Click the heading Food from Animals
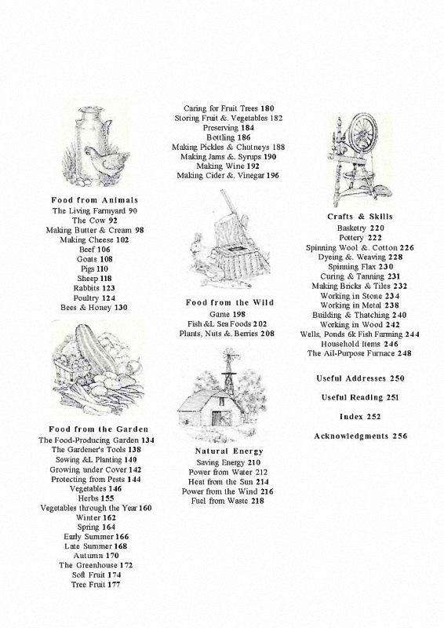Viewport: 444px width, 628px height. (94, 200)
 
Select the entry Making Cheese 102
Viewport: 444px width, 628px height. (94, 240)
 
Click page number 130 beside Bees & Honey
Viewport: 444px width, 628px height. (121, 308)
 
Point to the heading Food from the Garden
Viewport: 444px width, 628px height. (99, 429)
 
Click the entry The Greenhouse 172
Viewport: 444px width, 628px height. (96, 565)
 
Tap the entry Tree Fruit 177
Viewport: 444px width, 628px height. (96, 584)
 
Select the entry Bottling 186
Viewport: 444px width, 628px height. (228, 137)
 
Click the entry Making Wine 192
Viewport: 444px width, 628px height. (227, 166)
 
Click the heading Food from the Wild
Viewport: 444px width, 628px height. (230, 302)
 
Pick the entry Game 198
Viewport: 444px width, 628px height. (227, 315)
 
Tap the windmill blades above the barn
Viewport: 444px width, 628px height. (230, 355)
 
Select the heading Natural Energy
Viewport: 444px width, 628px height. (229, 451)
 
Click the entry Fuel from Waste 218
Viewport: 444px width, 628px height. (227, 501)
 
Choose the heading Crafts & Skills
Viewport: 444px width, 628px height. (360, 217)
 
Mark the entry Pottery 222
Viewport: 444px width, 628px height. (360, 238)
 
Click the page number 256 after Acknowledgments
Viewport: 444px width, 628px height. (399, 436)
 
